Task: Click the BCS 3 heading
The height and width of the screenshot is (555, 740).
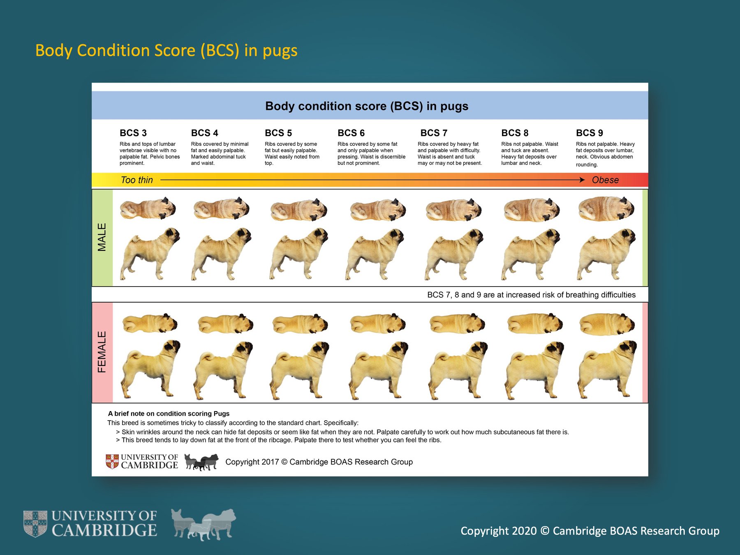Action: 133,133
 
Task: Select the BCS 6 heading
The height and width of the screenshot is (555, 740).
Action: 351,133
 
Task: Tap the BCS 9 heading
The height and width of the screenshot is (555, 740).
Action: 589,133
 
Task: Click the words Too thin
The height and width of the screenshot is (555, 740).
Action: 136,180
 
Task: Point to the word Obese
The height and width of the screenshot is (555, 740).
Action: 605,180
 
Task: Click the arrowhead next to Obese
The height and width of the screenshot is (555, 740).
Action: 582,180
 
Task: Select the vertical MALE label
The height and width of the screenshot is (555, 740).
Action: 102,237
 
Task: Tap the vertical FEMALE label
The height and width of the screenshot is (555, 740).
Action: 102,352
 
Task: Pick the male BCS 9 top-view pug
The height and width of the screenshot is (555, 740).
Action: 606,208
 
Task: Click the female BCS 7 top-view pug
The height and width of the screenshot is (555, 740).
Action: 457,324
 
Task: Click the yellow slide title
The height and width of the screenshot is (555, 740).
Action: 166,51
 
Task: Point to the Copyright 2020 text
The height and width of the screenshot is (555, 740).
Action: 590,531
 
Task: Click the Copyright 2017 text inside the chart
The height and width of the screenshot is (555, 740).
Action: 319,462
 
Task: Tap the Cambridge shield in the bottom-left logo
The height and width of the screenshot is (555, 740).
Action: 35,524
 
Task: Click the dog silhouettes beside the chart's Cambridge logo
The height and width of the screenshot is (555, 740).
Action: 201,462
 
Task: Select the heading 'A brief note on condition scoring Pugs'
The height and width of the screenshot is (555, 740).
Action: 169,414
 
